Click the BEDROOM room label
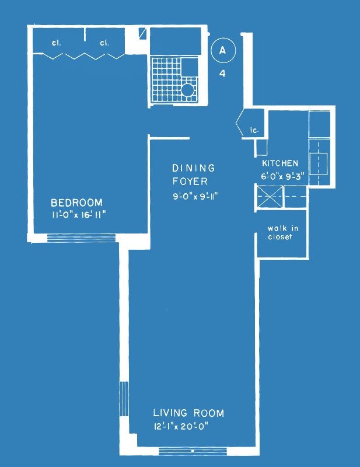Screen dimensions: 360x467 click(77, 203)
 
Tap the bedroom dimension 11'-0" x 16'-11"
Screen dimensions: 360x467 click(79, 214)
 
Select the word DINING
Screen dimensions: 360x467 click(194, 168)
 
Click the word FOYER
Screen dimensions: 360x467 click(190, 181)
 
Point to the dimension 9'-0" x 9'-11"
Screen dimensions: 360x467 click(195, 196)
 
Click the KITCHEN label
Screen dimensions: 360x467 click(280, 163)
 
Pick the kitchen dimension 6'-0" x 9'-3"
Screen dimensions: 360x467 click(282, 176)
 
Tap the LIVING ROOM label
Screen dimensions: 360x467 click(188, 413)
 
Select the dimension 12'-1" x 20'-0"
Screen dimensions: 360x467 click(181, 427)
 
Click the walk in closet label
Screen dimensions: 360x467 click(283, 232)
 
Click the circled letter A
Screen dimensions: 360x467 click(223, 50)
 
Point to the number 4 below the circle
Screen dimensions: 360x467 click(222, 73)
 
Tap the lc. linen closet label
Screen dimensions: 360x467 click(254, 130)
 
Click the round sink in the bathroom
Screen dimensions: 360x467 click(188, 90)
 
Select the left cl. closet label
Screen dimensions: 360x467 click(56, 43)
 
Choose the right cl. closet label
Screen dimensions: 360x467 click(104, 43)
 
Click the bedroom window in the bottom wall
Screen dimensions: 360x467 click(81, 238)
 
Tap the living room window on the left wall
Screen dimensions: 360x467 click(124, 399)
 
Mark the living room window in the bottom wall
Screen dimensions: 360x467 click(193, 451)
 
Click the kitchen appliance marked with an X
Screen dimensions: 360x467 click(270, 197)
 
